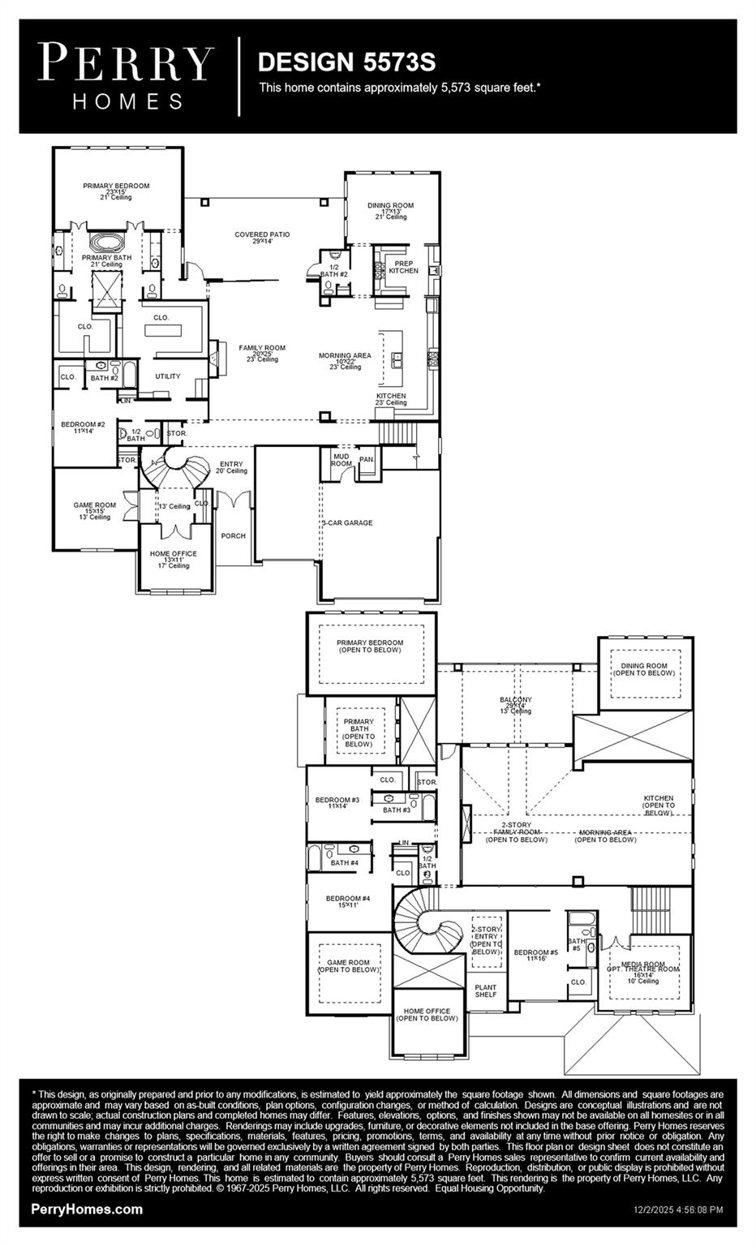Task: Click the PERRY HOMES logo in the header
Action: pyautogui.click(x=127, y=76)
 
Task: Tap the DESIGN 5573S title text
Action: pyautogui.click(x=346, y=62)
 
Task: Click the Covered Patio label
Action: pyautogui.click(x=262, y=238)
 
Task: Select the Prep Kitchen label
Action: pyautogui.click(x=403, y=267)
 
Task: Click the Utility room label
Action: pyautogui.click(x=168, y=376)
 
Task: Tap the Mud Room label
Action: pyautogui.click(x=341, y=459)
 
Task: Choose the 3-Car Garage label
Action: pyautogui.click(x=347, y=523)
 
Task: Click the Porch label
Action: pyautogui.click(x=233, y=536)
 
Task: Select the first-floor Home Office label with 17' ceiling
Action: pyautogui.click(x=173, y=559)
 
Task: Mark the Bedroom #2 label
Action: pyautogui.click(x=83, y=428)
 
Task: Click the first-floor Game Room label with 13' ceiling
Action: pyautogui.click(x=94, y=510)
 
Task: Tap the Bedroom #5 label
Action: pyautogui.click(x=535, y=955)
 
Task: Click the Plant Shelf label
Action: pyautogui.click(x=486, y=990)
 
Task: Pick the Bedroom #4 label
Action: pyautogui.click(x=348, y=901)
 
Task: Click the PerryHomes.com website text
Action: pyautogui.click(x=87, y=1209)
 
